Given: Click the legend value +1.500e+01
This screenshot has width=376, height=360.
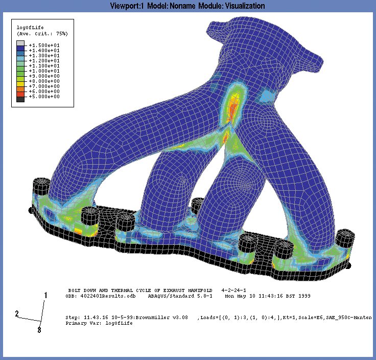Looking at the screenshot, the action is (44, 46).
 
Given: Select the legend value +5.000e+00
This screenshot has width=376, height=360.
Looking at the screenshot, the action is (44, 97).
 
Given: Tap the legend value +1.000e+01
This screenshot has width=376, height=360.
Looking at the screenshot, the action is (44, 71).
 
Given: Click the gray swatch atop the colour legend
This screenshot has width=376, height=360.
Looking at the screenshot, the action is (20, 43).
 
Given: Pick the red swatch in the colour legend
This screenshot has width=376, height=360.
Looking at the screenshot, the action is (20, 94).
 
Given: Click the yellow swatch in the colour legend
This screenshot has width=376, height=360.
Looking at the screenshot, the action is (20, 84).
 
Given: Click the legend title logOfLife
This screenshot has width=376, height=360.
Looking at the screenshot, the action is (30, 28).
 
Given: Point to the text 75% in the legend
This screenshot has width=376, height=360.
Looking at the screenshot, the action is (62, 34).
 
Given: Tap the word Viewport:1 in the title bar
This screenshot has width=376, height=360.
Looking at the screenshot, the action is (127, 6).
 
